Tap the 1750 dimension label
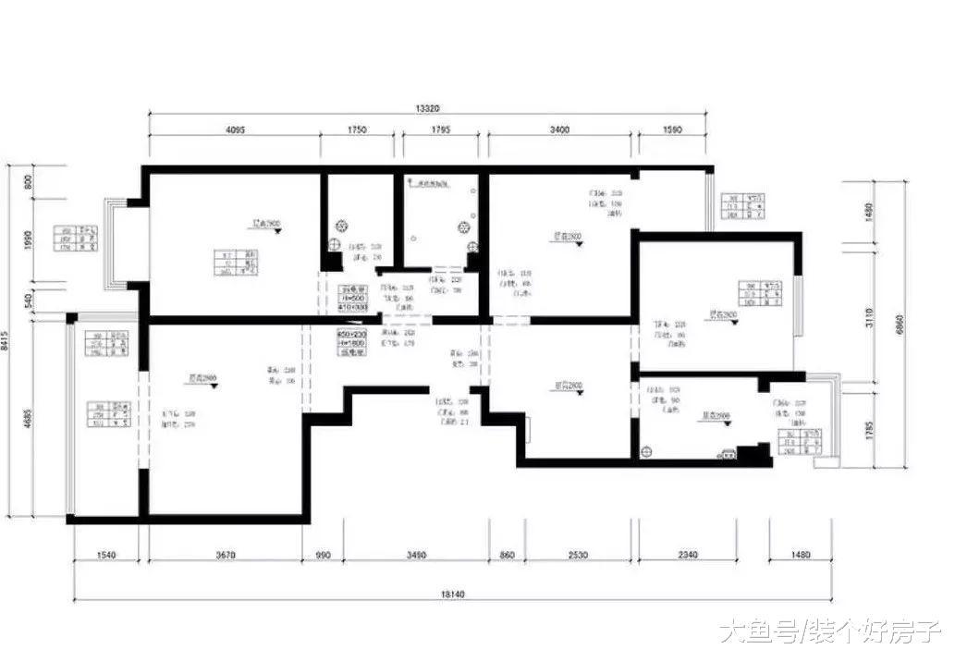(x=357, y=130)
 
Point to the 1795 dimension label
(x=440, y=130)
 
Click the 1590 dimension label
(x=671, y=130)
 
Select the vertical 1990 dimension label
(x=28, y=240)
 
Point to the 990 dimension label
(x=323, y=556)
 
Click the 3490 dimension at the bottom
(x=416, y=556)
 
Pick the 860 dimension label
(x=507, y=556)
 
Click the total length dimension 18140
(x=452, y=593)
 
